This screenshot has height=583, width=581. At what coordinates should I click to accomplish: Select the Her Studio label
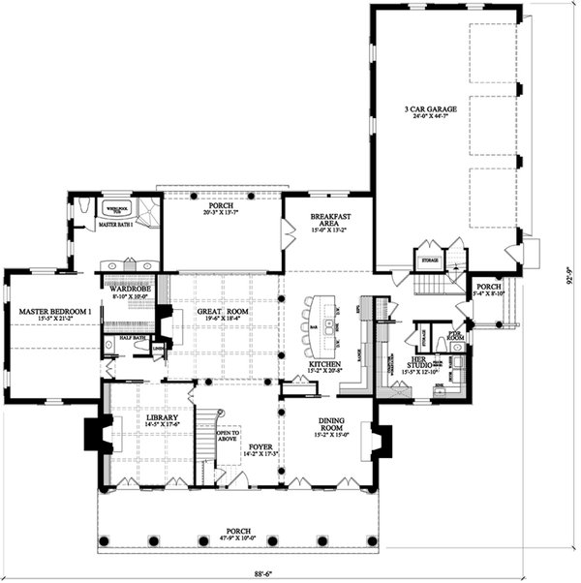point(427,360)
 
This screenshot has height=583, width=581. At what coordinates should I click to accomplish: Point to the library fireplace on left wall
point(96,433)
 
